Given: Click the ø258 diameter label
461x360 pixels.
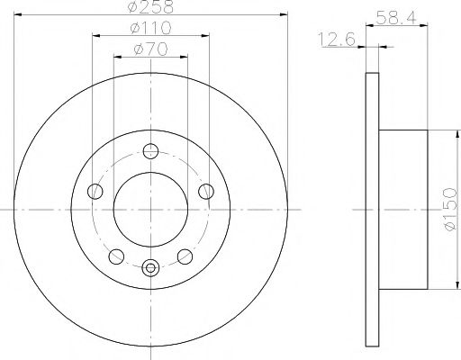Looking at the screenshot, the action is click(x=150, y=6).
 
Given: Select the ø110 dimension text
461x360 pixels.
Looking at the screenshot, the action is click(x=150, y=28).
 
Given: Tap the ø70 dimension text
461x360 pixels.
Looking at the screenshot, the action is click(x=150, y=49).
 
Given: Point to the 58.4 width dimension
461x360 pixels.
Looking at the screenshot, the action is click(x=396, y=18).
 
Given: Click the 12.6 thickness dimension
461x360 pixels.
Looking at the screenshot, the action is click(x=337, y=40).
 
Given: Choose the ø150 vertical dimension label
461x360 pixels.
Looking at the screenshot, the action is click(x=450, y=209).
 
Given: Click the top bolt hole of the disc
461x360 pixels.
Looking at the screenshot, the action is click(x=150, y=151).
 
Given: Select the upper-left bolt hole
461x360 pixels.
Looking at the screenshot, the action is click(x=95, y=192).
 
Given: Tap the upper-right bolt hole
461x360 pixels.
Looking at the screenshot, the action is click(x=206, y=192).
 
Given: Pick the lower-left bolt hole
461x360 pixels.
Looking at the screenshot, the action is click(x=116, y=256).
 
